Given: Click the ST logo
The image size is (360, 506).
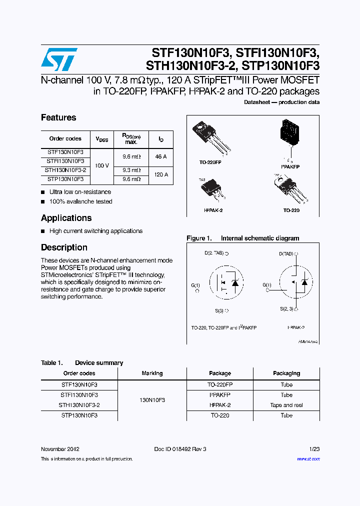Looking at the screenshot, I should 59,59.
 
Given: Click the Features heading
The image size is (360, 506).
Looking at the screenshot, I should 58,118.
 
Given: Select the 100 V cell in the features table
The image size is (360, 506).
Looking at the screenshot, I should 101,165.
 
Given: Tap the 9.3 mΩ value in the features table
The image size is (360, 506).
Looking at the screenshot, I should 131,170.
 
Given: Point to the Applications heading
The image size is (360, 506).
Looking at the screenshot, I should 66,218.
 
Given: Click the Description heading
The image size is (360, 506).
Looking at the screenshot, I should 64,247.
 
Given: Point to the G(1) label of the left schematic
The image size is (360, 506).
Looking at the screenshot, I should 195,285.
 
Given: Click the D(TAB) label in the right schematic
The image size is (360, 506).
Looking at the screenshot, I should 287,254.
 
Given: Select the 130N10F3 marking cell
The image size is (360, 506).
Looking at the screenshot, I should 152,400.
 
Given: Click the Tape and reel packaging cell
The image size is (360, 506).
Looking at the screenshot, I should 286,405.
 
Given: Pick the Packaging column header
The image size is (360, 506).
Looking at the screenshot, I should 286,373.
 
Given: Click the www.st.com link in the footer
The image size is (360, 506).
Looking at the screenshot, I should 308,459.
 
